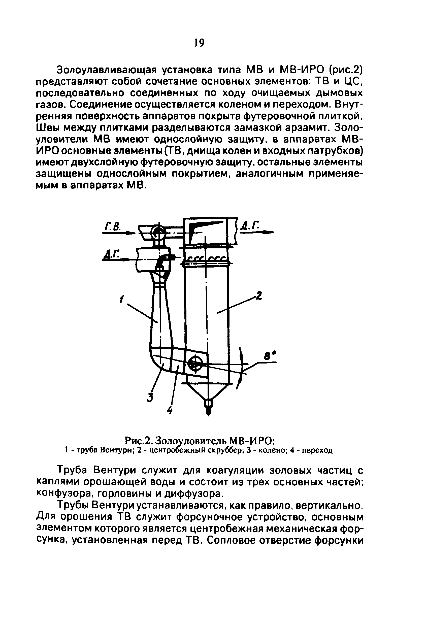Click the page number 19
click(x=199, y=43)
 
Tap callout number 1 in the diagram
click(x=122, y=299)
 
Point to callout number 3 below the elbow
click(x=150, y=398)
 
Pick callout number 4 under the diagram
click(x=170, y=411)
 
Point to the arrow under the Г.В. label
click(x=119, y=233)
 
